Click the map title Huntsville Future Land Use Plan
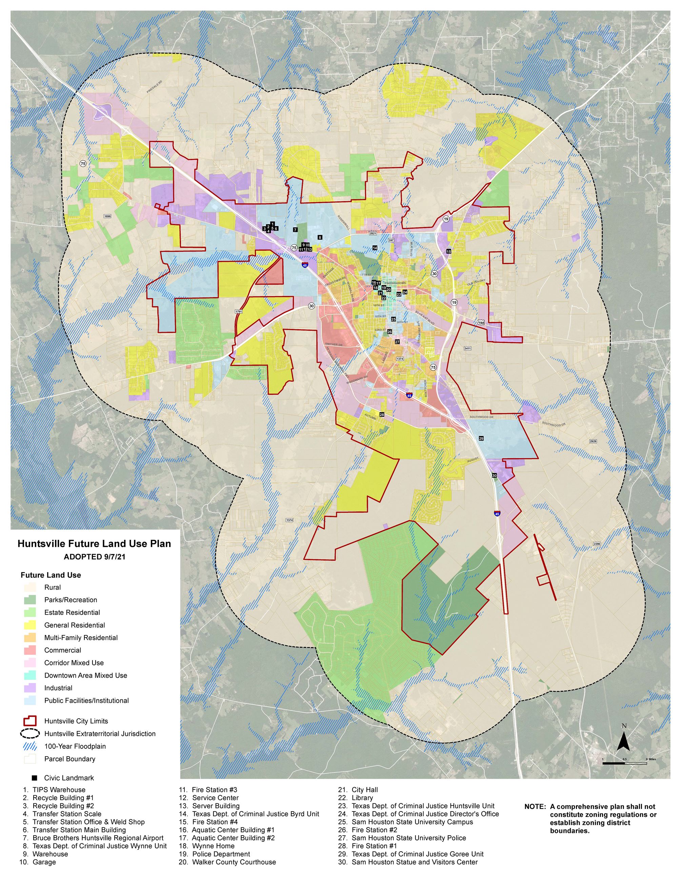94,544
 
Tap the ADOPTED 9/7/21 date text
94,557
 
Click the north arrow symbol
624,741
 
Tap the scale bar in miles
624,763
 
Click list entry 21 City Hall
365,790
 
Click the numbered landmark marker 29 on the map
481,438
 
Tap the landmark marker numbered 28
382,415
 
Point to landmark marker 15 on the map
448,251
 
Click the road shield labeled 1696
107,216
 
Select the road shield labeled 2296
597,544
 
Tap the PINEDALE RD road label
154,87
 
